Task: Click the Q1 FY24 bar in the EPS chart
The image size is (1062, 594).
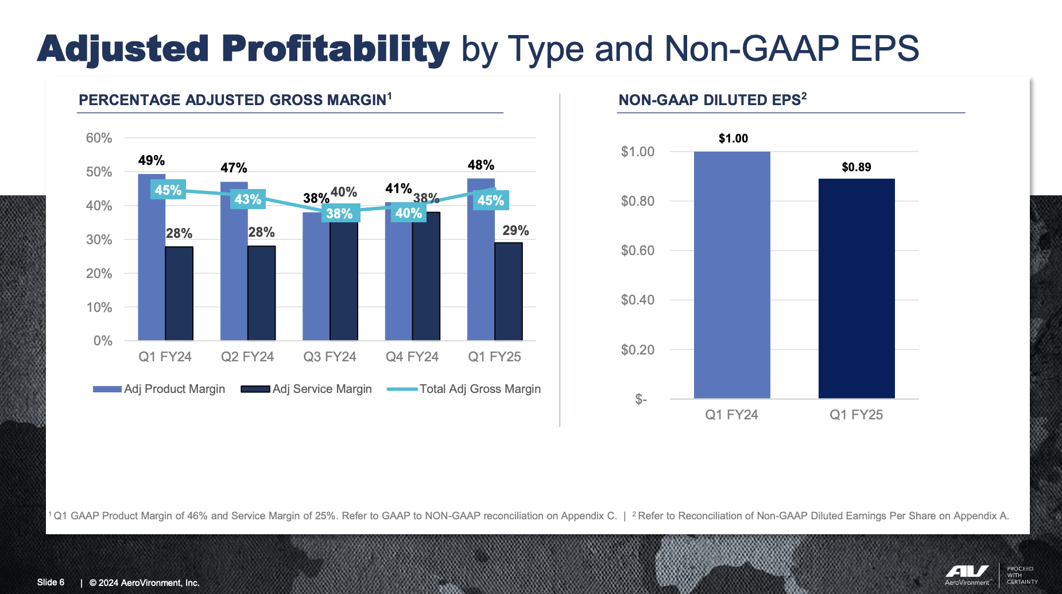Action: [732, 276]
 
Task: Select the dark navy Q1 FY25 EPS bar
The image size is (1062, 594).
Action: [856, 287]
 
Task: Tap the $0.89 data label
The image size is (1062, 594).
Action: [856, 167]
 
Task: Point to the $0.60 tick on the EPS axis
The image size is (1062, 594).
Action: [637, 250]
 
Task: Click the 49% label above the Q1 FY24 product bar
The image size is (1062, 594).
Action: [152, 160]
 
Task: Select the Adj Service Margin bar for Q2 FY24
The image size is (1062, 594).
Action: [262, 293]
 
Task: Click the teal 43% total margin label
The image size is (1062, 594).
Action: [248, 199]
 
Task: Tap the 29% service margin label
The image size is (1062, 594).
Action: [516, 230]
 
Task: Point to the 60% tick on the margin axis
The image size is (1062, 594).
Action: [99, 138]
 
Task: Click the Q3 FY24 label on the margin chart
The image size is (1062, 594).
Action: [330, 357]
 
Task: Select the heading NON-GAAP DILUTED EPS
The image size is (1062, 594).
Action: [712, 100]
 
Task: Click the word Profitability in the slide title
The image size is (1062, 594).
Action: [335, 49]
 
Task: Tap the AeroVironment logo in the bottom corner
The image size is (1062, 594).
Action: [967, 574]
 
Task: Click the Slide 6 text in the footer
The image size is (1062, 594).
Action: [51, 583]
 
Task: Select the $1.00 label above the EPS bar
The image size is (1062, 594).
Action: [733, 138]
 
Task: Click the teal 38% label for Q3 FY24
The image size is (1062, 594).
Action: [339, 214]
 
